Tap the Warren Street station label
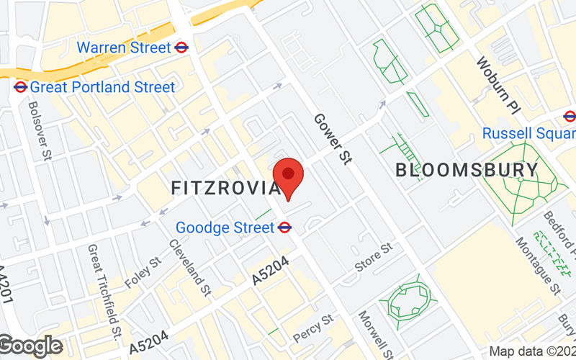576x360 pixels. (124, 48)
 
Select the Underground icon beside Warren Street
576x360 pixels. (182, 48)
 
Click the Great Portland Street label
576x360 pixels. (102, 87)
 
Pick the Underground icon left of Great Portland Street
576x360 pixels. (20, 87)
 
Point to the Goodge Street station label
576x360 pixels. (225, 228)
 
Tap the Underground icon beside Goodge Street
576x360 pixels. (284, 228)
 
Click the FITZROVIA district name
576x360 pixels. (225, 188)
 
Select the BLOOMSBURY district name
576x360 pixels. (467, 171)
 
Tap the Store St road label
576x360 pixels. (374, 257)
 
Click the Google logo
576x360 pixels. (30, 346)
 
